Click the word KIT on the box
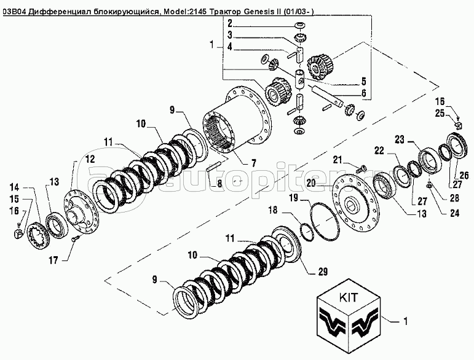pyautogui.click(x=348, y=297)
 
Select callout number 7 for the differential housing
pyautogui.click(x=253, y=163)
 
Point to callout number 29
pyautogui.click(x=323, y=272)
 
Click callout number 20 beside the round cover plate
pyautogui.click(x=311, y=182)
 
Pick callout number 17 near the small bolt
pyautogui.click(x=53, y=260)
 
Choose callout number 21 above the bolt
pyautogui.click(x=339, y=160)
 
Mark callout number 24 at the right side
pyautogui.click(x=454, y=213)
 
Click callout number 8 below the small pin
pyautogui.click(x=219, y=183)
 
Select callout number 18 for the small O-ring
pyautogui.click(x=273, y=209)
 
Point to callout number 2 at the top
pyautogui.click(x=230, y=23)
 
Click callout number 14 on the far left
pyautogui.click(x=14, y=187)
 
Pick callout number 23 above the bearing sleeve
pyautogui.click(x=399, y=140)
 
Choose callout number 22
pyautogui.click(x=380, y=150)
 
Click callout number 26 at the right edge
pyautogui.click(x=464, y=175)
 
